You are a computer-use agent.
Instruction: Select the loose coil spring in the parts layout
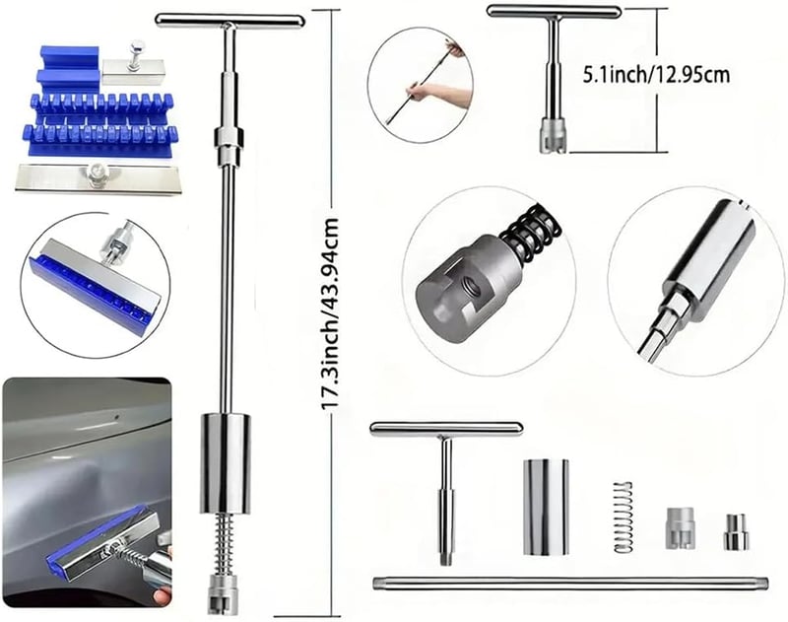[x=623, y=517]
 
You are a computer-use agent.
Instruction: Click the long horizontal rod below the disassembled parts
[x=570, y=584]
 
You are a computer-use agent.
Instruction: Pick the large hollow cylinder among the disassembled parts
[x=546, y=507]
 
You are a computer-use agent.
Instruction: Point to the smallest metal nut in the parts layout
[x=736, y=532]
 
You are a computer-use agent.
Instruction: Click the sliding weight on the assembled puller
[x=226, y=463]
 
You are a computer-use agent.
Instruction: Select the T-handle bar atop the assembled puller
[x=230, y=21]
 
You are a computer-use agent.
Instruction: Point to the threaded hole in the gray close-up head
[x=472, y=288]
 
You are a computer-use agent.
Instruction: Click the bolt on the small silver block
[x=135, y=54]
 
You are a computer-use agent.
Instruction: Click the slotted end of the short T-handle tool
[x=554, y=135]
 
